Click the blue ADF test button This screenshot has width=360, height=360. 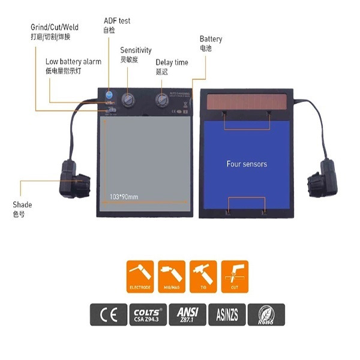click(109, 95)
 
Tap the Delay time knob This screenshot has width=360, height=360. click(162, 99)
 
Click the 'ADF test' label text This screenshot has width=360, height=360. click(117, 21)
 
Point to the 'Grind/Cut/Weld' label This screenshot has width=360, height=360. click(55, 28)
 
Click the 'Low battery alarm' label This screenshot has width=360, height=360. click(73, 61)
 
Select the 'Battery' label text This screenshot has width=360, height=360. click(211, 40)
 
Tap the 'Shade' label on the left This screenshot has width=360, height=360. click(22, 205)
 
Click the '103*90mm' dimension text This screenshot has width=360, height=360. click(124, 196)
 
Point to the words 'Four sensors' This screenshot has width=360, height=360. click(247, 163)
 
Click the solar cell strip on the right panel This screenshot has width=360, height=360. click(247, 101)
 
